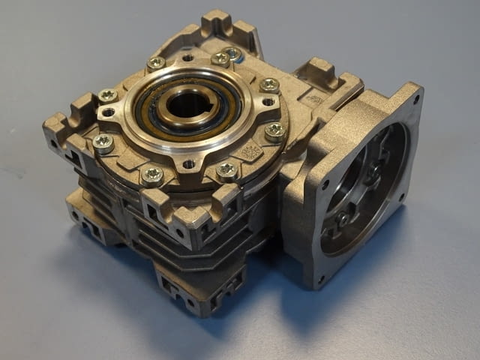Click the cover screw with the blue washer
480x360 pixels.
pos(234,54)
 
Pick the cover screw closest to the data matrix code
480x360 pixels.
pos(226,170)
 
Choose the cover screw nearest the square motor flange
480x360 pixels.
pos(275,130)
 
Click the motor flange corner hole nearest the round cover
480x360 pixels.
pos(325,184)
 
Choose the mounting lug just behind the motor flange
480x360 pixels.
pos(319,75)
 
